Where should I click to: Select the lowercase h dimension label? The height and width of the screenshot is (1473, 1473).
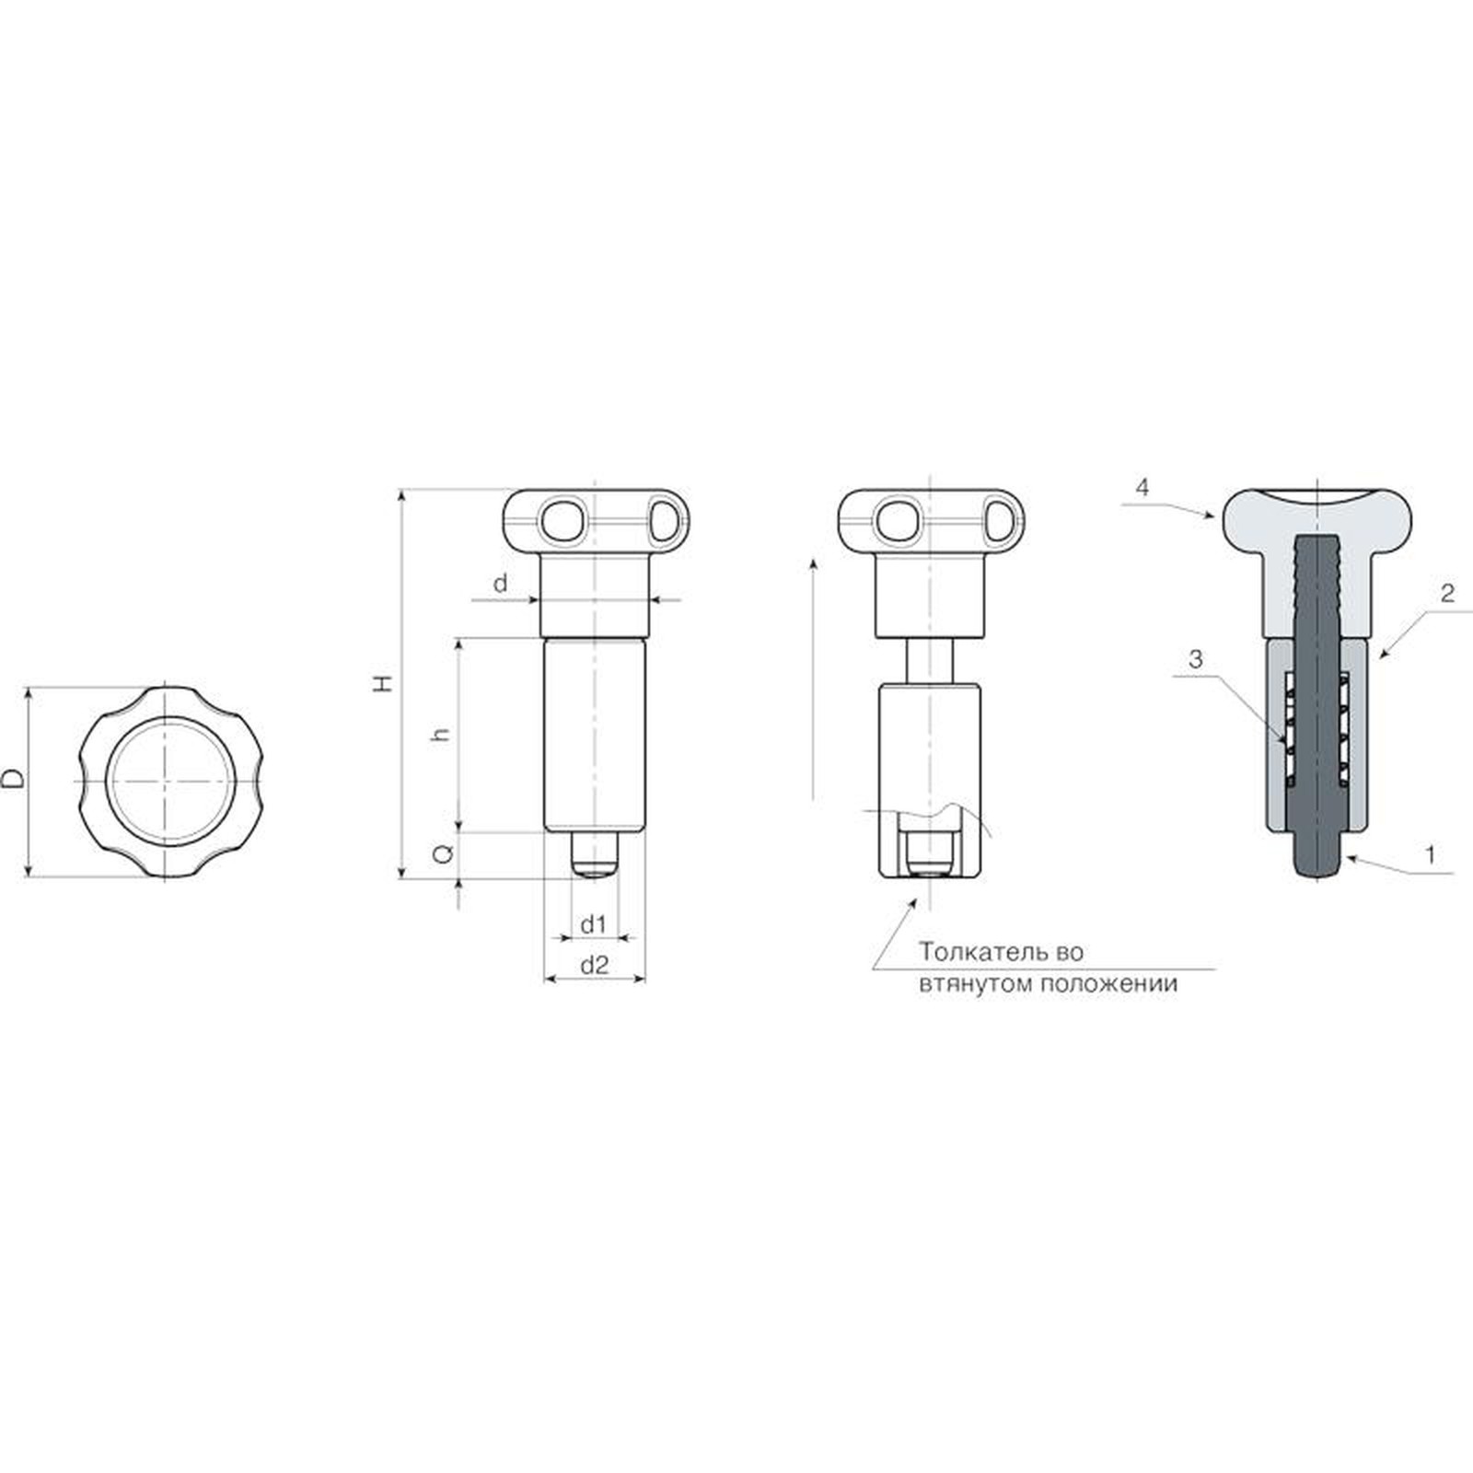442,734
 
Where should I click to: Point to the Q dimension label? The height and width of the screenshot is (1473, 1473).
443,853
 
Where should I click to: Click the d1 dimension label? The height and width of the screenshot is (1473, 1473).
593,923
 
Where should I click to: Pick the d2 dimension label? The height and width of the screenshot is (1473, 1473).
594,965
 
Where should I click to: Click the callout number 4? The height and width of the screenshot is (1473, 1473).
1142,488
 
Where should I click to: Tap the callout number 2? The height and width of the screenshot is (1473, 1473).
1447,594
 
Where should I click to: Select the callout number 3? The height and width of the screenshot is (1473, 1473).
1195,659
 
